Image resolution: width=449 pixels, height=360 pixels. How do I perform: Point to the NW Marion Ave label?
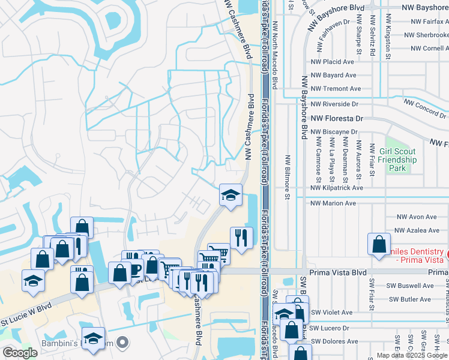tap(333, 203)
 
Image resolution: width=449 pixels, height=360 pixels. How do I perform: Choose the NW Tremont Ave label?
tap(335, 89)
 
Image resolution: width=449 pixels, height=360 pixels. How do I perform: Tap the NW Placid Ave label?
tap(333, 62)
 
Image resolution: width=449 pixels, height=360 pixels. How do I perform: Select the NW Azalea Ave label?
tap(417, 230)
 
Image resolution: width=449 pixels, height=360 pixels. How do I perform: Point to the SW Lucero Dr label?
tap(329, 328)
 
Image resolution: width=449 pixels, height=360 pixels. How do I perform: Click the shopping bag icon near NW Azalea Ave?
tap(379, 244)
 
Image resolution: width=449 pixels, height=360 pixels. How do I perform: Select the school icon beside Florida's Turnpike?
tap(231, 195)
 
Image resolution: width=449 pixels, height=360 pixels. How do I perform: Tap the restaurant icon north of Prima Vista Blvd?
tap(241, 238)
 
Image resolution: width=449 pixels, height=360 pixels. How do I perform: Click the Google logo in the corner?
tap(20, 353)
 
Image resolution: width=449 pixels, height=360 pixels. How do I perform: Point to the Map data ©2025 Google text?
tap(411, 355)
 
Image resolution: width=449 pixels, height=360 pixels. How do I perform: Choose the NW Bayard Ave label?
tap(333, 76)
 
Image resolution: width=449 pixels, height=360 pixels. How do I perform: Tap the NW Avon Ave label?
tap(418, 217)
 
